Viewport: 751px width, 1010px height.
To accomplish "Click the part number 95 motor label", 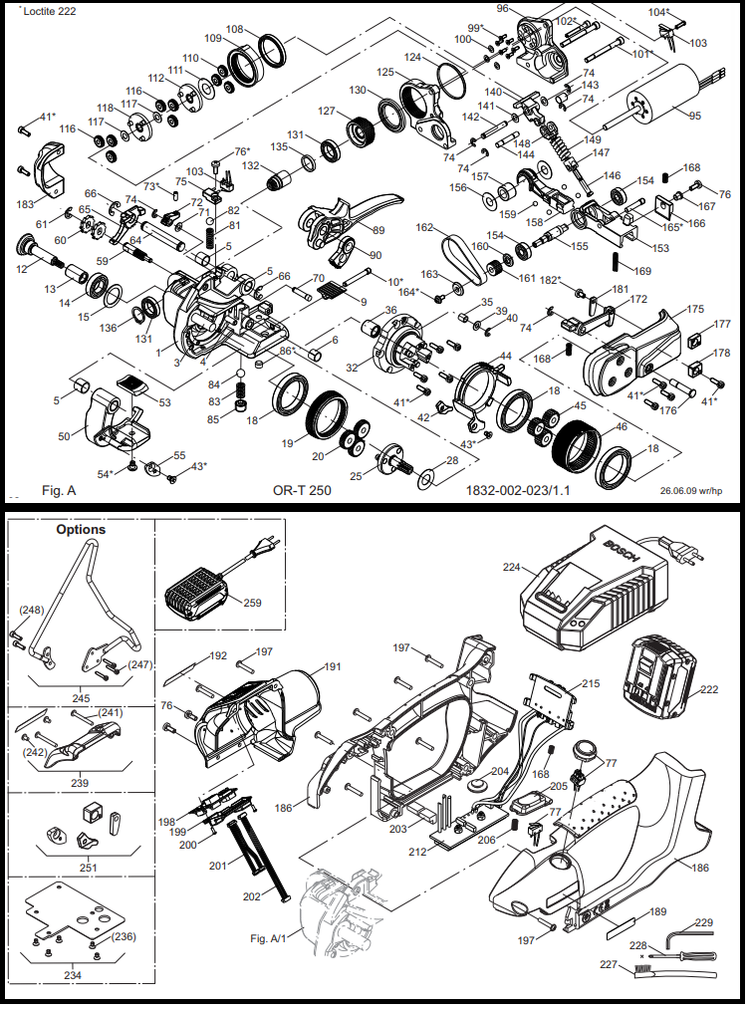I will [694, 116].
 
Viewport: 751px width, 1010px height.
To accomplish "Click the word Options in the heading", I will [81, 529].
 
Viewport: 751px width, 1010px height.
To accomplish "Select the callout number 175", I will [694, 309].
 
